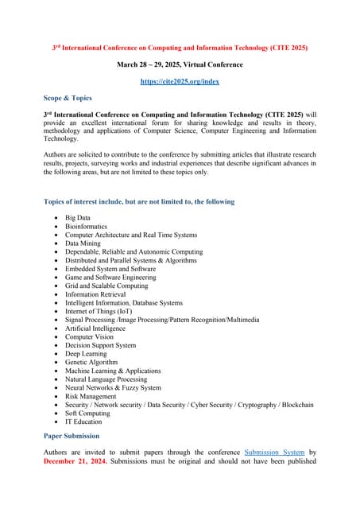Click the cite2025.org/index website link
pos(180,81)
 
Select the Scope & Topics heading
pos(68,98)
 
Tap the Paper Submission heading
pos(72,436)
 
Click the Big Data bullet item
pos(77,217)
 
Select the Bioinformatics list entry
pos(86,226)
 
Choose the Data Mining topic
pos(83,243)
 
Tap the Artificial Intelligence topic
pos(95,328)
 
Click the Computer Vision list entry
pos(89,336)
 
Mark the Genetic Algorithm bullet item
pos(91,362)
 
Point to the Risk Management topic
pos(90,396)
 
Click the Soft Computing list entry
pos(87,413)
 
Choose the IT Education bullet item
pos(83,422)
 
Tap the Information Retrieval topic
pos(95,294)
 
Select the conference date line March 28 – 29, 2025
pos(180,64)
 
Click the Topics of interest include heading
pos(138,201)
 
